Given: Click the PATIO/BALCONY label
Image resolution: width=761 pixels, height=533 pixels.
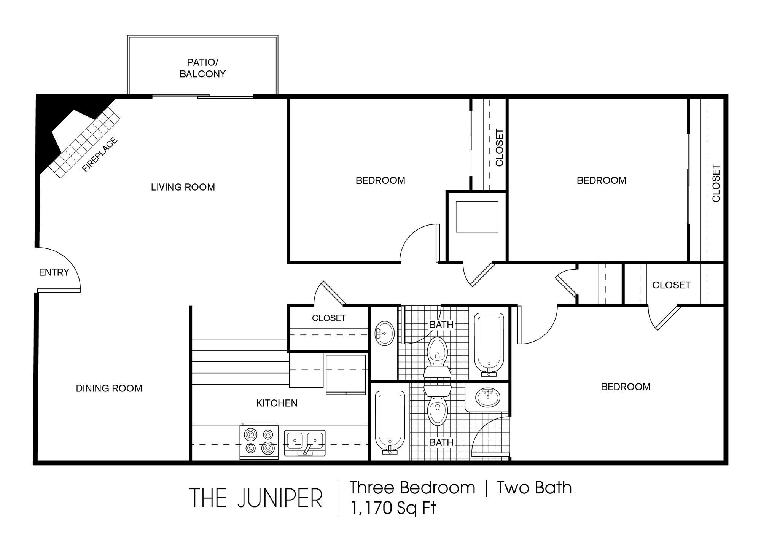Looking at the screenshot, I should (202, 68).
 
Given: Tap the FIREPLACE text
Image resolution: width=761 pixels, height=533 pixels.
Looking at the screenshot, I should (100, 155).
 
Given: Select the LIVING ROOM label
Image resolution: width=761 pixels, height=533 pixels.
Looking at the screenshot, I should (183, 187).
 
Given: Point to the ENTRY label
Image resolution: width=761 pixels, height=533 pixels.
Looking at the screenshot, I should (54, 272).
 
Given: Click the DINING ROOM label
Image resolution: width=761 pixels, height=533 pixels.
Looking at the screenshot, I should (109, 388).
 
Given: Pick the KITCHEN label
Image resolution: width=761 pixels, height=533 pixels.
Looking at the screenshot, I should (277, 403).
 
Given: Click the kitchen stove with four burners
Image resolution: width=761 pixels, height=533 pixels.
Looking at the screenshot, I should (259, 442).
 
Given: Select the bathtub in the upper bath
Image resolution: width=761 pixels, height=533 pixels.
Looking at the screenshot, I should (489, 344).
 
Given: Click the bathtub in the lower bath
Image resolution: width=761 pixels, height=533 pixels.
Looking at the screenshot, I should (390, 421).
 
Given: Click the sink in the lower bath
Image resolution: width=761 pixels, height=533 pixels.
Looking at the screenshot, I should (488, 398).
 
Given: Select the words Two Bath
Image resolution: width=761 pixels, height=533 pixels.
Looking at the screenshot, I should (534, 488).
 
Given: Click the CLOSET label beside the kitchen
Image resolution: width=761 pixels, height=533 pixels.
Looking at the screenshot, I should (329, 318).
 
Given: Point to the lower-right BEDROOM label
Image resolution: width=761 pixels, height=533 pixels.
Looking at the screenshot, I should (626, 387).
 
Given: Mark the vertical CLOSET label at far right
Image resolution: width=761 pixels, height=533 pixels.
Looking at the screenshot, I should (716, 183).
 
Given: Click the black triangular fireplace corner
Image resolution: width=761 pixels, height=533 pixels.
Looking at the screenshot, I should (48, 122).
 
